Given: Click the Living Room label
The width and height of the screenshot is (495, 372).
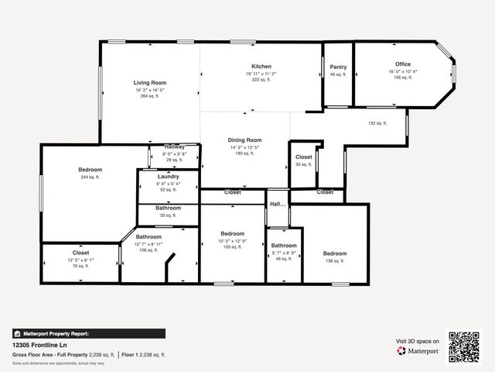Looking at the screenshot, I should [150, 83].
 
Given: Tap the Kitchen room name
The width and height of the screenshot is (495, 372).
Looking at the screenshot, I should [261, 66].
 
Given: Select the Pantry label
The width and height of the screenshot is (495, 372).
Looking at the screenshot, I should [339, 67].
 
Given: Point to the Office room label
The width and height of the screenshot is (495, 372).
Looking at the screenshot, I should [403, 64].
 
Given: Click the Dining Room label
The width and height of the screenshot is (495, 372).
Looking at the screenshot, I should [245, 140].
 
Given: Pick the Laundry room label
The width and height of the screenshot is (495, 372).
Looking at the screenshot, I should [168, 177].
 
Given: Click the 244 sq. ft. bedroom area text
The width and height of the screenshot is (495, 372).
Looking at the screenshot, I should [90, 177].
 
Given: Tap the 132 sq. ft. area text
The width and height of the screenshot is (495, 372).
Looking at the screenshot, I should [377, 122].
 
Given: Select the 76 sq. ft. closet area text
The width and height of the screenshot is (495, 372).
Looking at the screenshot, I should [81, 266].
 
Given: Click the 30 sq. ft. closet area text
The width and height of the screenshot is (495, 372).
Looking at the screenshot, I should [303, 164].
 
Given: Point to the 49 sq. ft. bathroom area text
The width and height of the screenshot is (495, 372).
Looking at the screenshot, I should [284, 259].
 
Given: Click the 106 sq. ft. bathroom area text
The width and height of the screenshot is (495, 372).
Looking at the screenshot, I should [148, 250].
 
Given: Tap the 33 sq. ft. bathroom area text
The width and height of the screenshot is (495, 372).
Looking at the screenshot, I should [168, 215].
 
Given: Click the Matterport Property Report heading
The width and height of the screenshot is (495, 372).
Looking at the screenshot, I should [52, 333].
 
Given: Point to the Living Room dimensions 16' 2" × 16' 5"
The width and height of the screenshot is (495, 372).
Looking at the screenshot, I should [150, 90].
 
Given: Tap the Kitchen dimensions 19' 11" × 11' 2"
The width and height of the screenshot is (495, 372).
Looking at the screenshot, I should [261, 74].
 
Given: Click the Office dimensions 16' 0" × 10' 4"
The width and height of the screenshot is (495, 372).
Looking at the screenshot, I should [403, 71].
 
